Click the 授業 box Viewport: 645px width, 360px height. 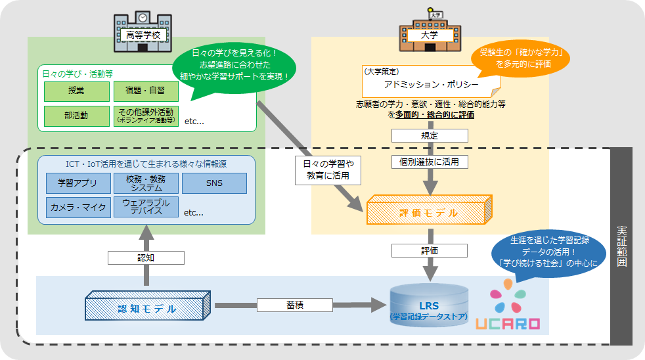tap(76, 91)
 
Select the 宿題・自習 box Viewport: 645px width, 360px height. tap(146, 91)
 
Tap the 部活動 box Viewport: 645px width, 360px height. tap(76, 116)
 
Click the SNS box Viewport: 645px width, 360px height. tap(214, 183)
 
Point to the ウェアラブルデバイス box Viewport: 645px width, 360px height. tap(146, 208)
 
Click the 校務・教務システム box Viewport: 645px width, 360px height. tap(146, 183)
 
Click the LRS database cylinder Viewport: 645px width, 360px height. tap(429, 309)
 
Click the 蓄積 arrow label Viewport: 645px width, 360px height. tap(294, 305)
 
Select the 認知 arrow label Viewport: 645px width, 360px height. tap(145, 258)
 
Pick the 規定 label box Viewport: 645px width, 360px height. tap(430, 135)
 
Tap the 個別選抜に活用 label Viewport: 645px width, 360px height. tap(430, 161)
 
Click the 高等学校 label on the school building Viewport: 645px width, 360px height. tap(143, 35)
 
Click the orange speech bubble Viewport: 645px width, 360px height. tap(520, 58)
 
